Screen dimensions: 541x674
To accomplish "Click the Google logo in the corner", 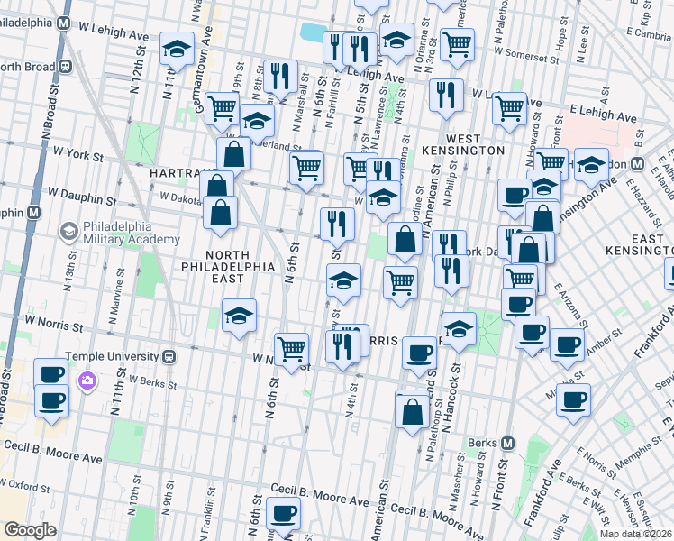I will pyautogui.click(x=30, y=530).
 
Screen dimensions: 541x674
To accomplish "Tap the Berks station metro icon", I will pyautogui.click(x=507, y=444).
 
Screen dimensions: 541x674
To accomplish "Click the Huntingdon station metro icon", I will pyautogui.click(x=636, y=164).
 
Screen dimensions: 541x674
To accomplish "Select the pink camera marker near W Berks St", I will pyautogui.click(x=87, y=381).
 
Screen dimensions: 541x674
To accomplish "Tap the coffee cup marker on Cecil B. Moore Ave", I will pyautogui.click(x=283, y=514).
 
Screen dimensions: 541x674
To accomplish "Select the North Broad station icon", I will pyautogui.click(x=65, y=66).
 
